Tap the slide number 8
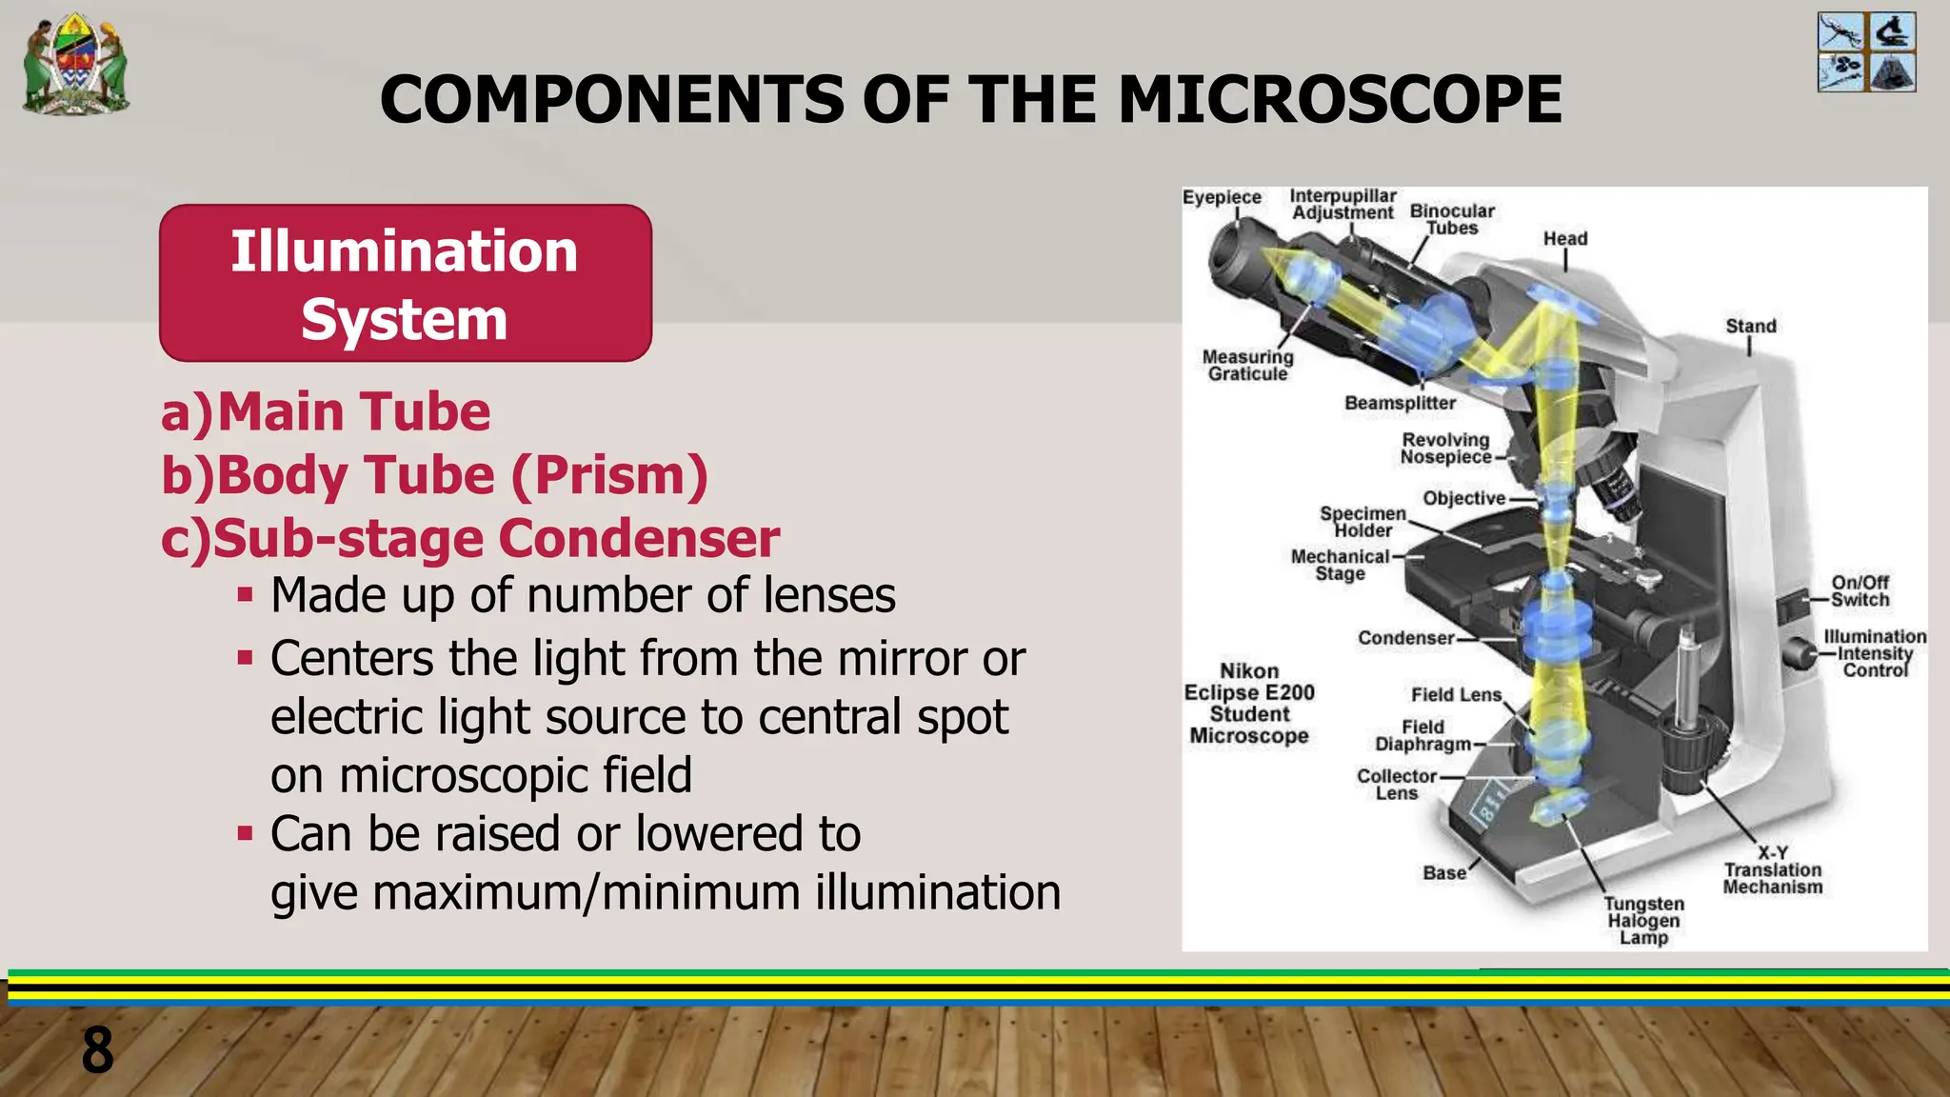pos(97,1050)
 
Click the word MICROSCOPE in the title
pos(1340,99)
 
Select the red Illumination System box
pos(406,283)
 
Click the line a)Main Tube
pos(326,411)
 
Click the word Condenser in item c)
pos(639,538)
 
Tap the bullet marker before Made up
pos(246,596)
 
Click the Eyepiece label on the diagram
pos(1222,197)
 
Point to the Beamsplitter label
pos(1400,403)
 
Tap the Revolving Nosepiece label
pos(1445,449)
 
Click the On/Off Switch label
pos(1860,590)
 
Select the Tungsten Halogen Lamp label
pos(1643,920)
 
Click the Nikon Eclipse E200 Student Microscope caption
pos(1249,703)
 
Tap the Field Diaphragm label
pos(1423,735)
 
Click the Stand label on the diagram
pos(1750,326)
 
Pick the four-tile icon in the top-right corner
pos(1866,52)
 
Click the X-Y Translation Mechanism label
pos(1772,869)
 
